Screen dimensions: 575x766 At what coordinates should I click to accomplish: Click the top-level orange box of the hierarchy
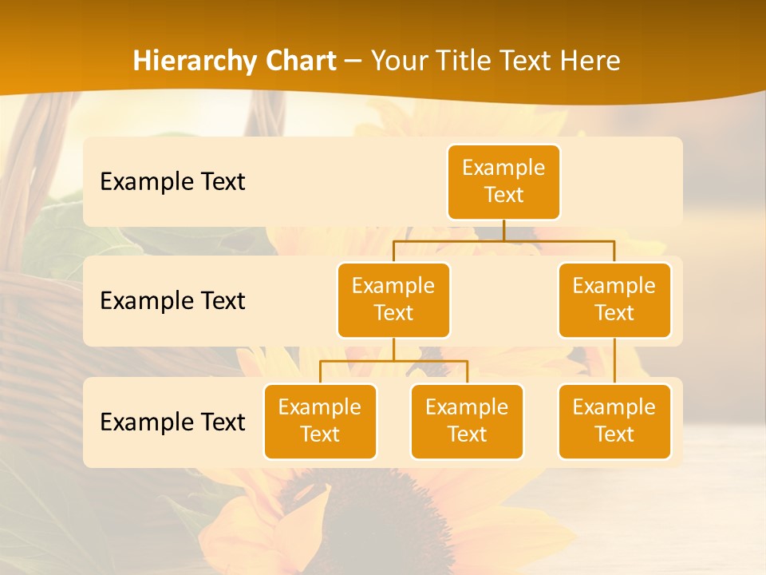pos(503,181)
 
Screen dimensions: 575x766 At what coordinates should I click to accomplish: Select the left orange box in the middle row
pos(393,299)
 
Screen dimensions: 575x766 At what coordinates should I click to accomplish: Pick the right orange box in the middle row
pos(614,299)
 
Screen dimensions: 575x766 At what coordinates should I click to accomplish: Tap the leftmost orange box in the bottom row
pos(320,421)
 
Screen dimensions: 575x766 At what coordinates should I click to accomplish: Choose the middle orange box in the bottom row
pos(467,421)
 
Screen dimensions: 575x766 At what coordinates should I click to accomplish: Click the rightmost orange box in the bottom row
pos(614,421)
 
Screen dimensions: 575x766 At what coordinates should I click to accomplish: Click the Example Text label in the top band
pos(172,182)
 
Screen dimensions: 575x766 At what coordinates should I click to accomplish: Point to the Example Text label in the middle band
pos(172,301)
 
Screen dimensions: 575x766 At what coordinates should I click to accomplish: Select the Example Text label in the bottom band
pos(172,422)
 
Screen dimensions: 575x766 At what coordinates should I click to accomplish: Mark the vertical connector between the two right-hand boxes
pos(614,361)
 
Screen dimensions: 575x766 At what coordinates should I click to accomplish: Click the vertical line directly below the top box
pos(503,230)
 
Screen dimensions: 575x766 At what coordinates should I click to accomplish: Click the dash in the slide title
pos(353,61)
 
